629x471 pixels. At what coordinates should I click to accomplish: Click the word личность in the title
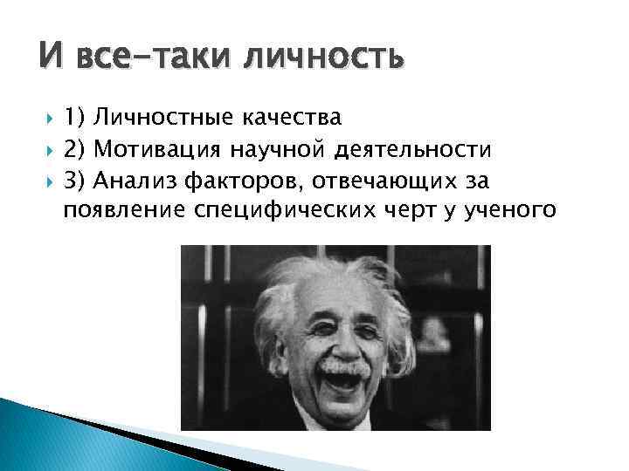pos(324,59)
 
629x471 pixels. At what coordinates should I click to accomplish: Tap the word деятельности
pos(411,150)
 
